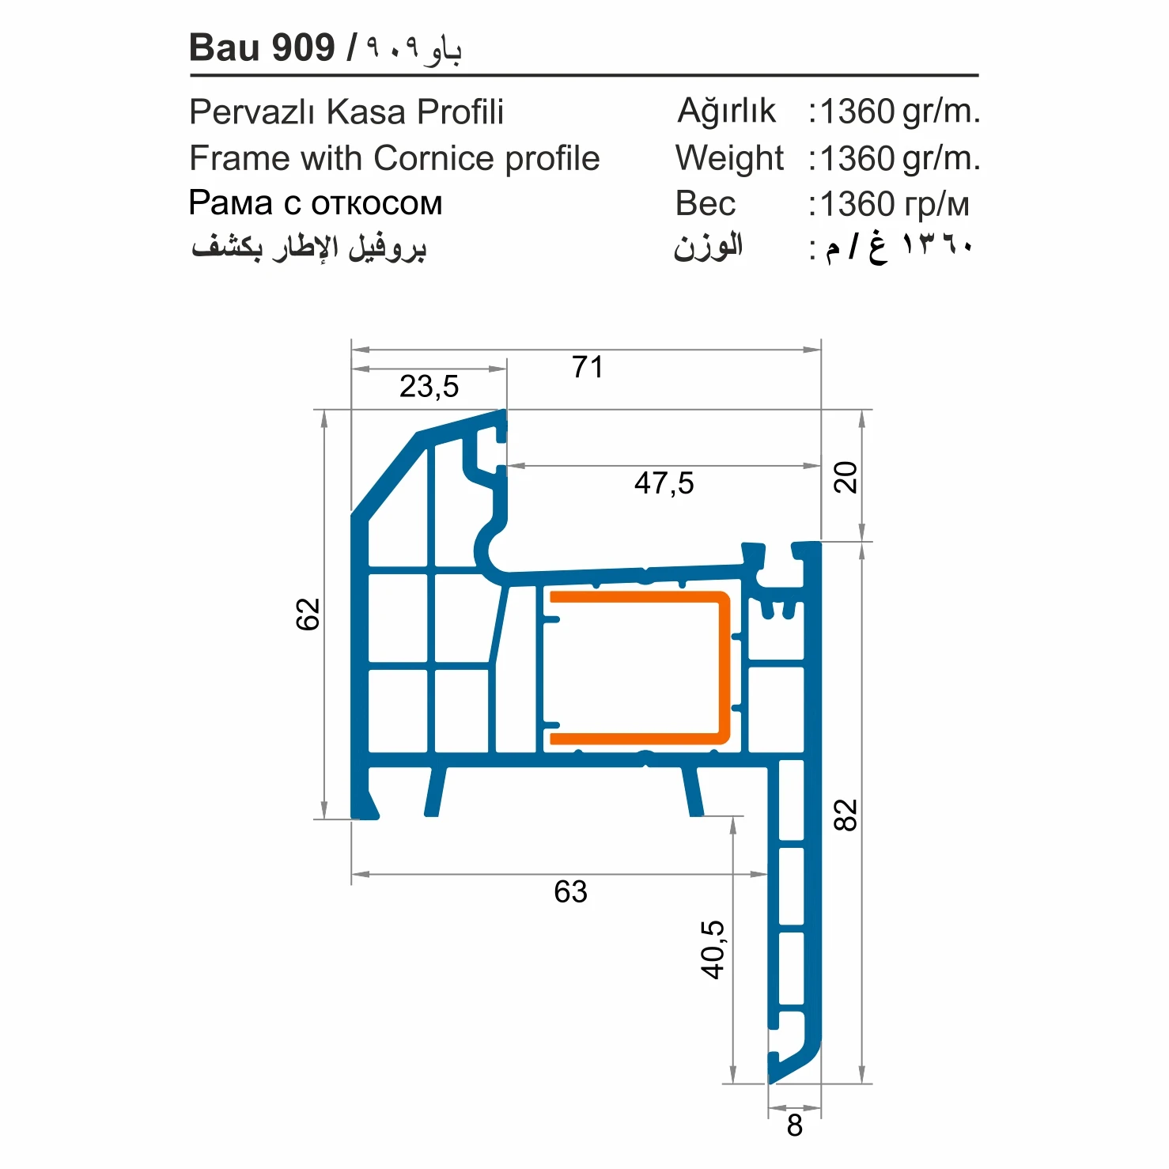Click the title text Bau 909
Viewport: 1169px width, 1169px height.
point(262,47)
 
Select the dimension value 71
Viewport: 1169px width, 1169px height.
point(587,367)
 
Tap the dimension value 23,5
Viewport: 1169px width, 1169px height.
point(429,387)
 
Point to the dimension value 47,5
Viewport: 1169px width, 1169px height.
point(664,483)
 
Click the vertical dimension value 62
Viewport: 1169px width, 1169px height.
point(308,614)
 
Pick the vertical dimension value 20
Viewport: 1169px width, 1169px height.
point(846,477)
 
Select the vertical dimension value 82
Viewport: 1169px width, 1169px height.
point(846,815)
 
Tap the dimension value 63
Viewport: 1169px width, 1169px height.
point(570,892)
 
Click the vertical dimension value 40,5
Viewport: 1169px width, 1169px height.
point(713,949)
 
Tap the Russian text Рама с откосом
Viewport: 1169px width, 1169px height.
point(315,203)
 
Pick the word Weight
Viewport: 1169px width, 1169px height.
point(728,158)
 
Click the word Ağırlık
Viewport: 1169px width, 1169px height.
point(727,112)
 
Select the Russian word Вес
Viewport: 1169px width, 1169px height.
point(705,204)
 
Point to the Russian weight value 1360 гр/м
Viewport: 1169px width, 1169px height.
point(894,205)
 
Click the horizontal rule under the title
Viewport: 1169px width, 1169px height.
point(584,75)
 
